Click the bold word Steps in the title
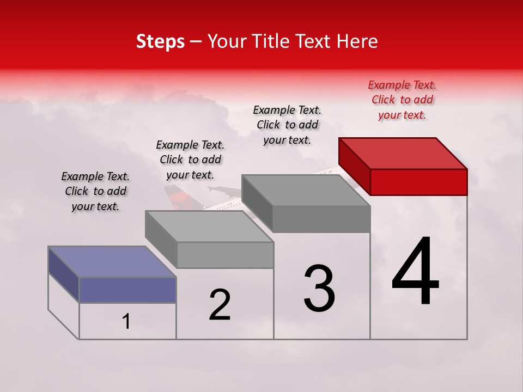click(160, 41)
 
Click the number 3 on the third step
click(319, 289)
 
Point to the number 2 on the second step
click(220, 304)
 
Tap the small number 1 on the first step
click(126, 321)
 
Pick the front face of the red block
click(418, 182)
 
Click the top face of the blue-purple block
click(112, 261)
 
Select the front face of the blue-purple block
click(127, 290)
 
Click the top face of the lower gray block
click(209, 226)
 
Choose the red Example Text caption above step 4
click(402, 100)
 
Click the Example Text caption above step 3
click(287, 125)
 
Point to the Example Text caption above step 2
click(190, 160)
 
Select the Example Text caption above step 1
click(95, 191)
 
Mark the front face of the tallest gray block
click(321, 219)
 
